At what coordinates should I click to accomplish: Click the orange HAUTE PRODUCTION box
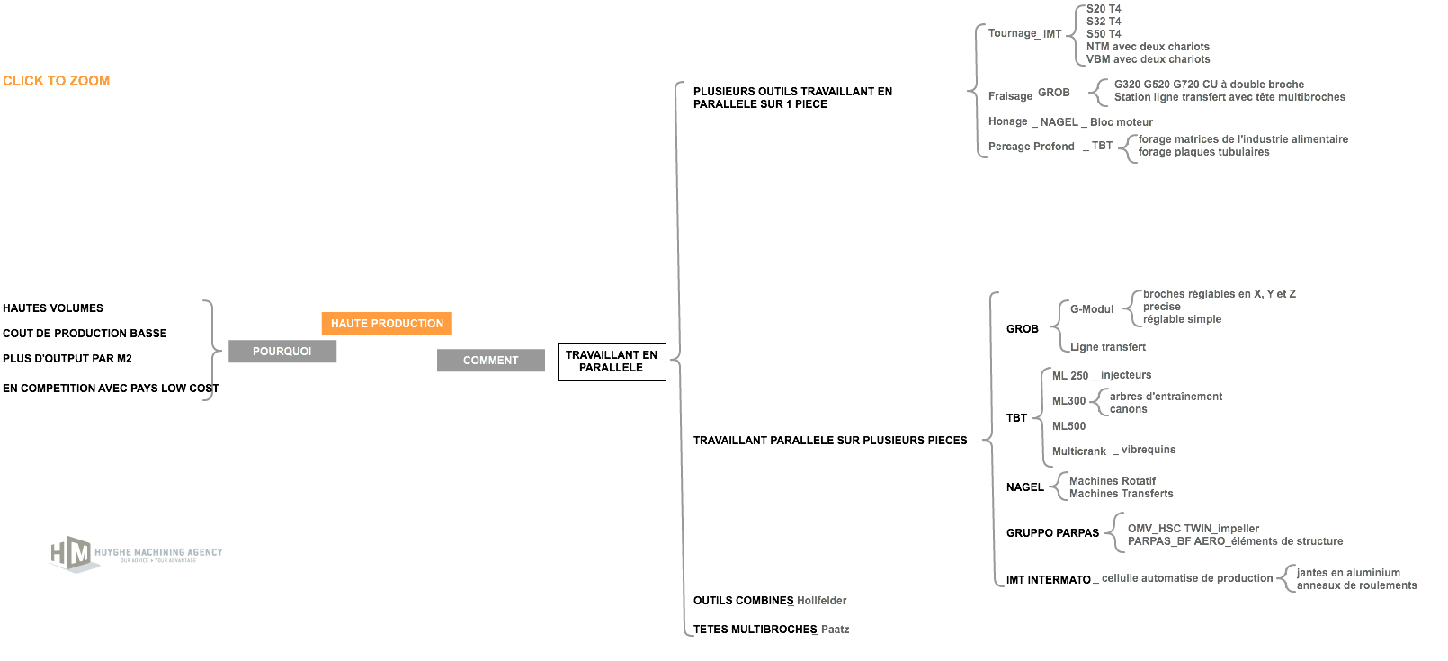[387, 323]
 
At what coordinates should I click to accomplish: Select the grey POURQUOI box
[282, 351]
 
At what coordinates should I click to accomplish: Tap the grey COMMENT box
[491, 360]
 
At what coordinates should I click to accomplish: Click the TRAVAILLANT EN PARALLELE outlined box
[612, 362]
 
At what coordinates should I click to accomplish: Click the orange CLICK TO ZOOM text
[57, 81]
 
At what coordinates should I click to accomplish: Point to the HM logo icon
[71, 554]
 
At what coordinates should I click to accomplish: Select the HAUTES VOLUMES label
[53, 308]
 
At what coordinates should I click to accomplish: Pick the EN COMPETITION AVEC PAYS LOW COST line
[111, 388]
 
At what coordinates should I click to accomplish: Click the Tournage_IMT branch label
[1024, 33]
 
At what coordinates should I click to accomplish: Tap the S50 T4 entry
[1104, 33]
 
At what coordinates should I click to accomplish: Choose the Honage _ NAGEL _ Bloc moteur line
[1070, 121]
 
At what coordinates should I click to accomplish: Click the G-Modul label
[1092, 308]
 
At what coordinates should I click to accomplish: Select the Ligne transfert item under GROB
[1107, 347]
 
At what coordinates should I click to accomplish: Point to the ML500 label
[1068, 425]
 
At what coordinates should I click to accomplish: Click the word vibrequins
[1148, 450]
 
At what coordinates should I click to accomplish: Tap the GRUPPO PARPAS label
[1052, 533]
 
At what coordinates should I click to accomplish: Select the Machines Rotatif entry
[1112, 481]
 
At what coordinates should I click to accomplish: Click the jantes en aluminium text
[1348, 573]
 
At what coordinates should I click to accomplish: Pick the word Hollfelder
[821, 600]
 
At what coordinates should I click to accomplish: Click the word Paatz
[835, 630]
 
